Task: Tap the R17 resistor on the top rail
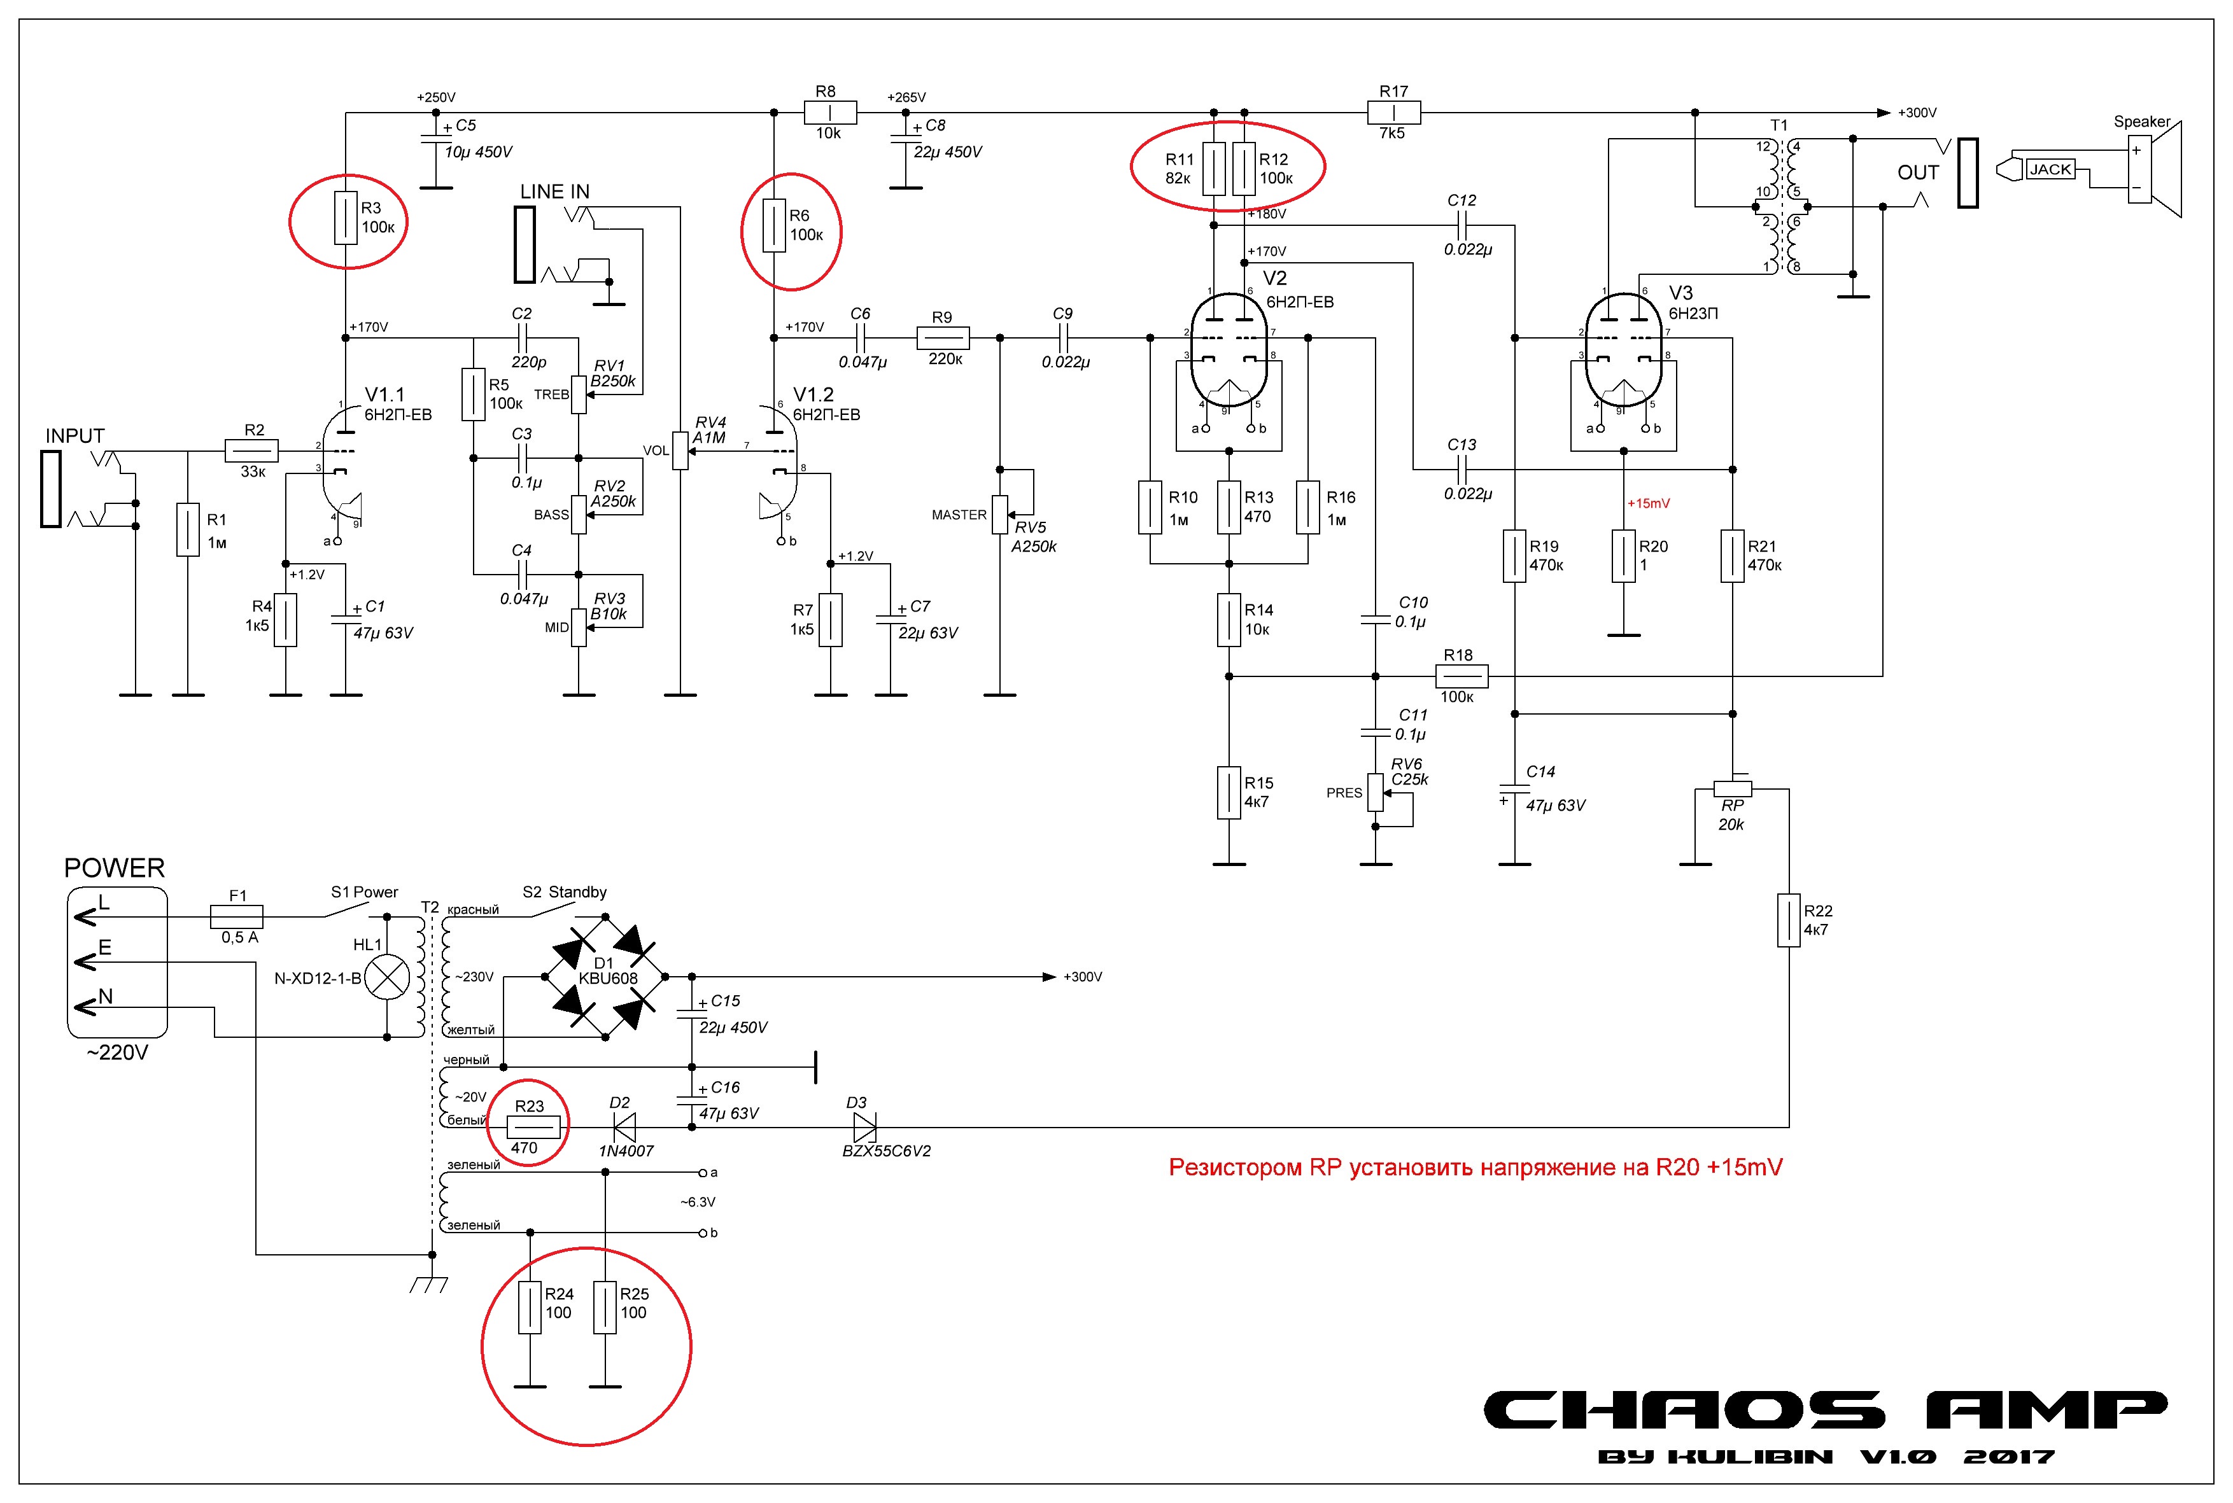[x=1393, y=112]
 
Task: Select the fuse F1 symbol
[x=237, y=916]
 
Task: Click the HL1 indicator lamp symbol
[x=388, y=978]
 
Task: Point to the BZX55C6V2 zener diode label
[x=886, y=1151]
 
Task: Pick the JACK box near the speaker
[x=2050, y=170]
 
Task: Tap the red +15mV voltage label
[x=1648, y=503]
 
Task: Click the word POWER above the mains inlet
[x=114, y=869]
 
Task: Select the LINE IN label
[x=554, y=192]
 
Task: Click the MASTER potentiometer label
[x=959, y=515]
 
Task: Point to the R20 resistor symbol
[x=1623, y=556]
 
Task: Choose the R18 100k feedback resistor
[x=1461, y=677]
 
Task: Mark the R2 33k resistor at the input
[x=252, y=449]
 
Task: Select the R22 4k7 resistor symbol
[x=1788, y=920]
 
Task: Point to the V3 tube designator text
[x=1680, y=293]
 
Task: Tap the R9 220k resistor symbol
[x=943, y=337]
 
